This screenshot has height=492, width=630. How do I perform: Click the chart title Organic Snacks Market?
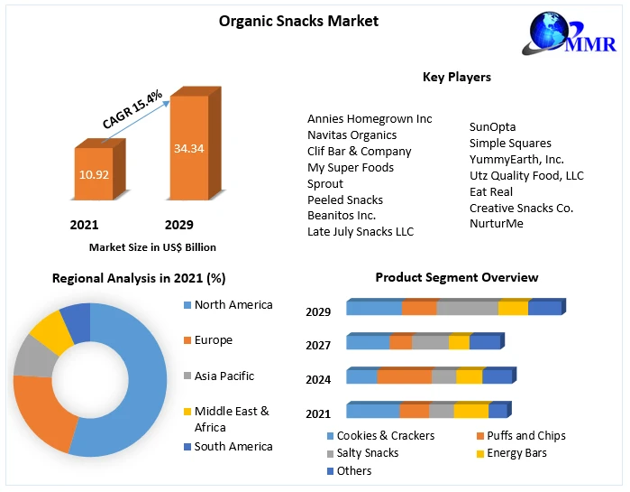(x=298, y=21)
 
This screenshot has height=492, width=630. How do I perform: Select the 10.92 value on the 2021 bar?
(x=93, y=173)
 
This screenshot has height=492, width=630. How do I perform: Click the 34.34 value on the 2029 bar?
(x=189, y=148)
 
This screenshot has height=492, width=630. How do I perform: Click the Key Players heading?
(x=456, y=77)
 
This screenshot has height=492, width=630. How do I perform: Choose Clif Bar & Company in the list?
(x=359, y=151)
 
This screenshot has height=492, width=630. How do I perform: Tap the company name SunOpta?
(x=492, y=126)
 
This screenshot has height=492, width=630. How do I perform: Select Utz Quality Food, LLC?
(x=526, y=175)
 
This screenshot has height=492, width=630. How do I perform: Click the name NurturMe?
(x=496, y=224)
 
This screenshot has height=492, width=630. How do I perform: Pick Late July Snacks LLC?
(x=360, y=232)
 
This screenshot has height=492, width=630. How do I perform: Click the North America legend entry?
(x=233, y=305)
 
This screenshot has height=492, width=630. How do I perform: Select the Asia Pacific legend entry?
(x=224, y=376)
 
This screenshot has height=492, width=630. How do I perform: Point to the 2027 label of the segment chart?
(x=318, y=345)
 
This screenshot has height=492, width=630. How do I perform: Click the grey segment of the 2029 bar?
(x=467, y=308)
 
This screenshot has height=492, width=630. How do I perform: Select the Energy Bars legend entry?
(x=516, y=453)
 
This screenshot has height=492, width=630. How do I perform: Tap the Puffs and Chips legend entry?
(x=526, y=435)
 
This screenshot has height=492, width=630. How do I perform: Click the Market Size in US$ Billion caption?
(x=152, y=246)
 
